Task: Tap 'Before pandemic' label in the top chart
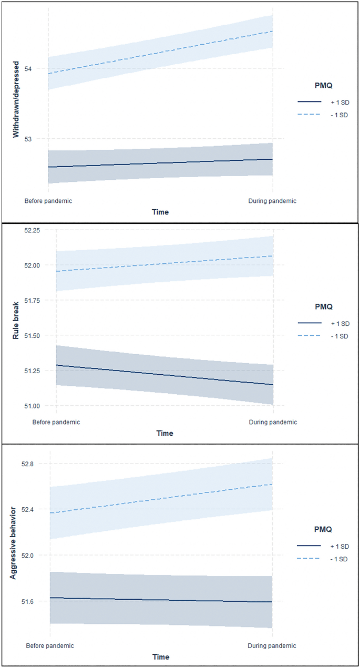(48, 201)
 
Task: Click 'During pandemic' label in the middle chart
(273, 422)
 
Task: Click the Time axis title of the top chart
(160, 212)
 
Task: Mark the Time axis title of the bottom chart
(161, 657)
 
